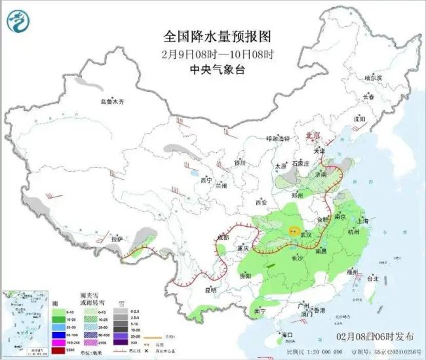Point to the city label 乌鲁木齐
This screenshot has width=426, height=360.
point(112,102)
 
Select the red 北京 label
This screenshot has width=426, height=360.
point(315,135)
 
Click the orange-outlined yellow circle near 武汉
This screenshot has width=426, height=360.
point(295,231)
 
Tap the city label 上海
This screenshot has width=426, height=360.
point(364,221)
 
